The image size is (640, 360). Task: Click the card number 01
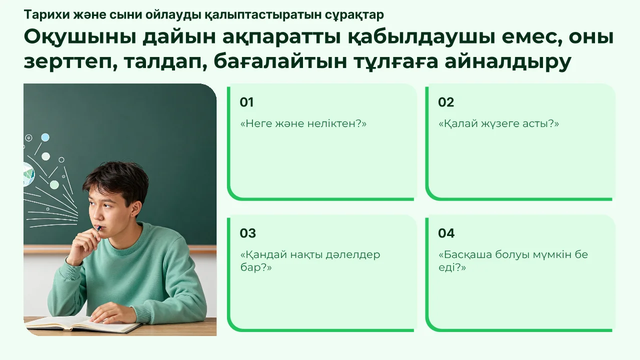tap(246, 102)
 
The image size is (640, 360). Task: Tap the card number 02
tap(446, 102)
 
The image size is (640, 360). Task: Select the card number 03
tap(247, 233)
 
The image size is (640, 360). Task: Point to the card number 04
tap(446, 233)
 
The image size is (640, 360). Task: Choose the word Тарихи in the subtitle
tap(47, 15)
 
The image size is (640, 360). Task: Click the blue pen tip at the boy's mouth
tap(98, 228)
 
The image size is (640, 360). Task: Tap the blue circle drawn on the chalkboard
tap(45, 137)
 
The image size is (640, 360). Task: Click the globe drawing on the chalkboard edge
tap(29, 174)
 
